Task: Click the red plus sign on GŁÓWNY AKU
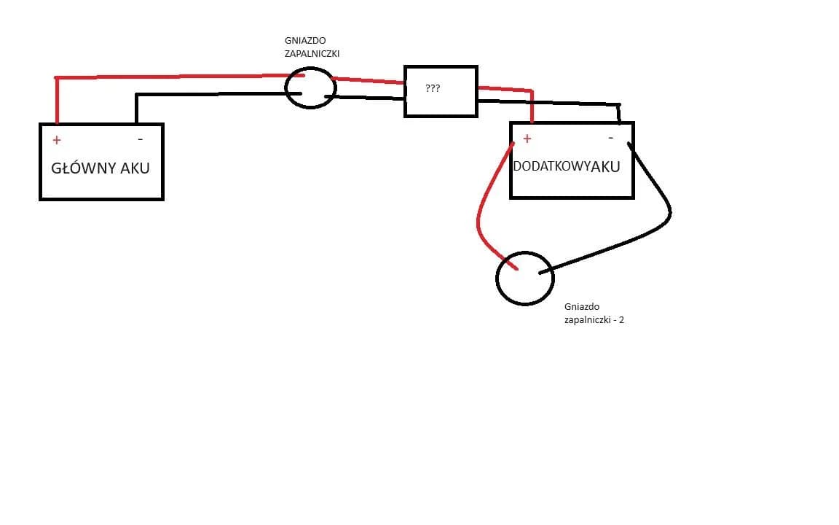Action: point(57,140)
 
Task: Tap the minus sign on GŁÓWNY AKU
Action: point(140,139)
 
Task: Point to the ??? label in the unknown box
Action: point(433,88)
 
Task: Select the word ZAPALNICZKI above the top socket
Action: point(312,53)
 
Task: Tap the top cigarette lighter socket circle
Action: point(310,87)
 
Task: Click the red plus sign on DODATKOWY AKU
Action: point(527,138)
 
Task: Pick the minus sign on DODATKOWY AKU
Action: point(610,137)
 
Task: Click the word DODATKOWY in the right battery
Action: point(551,166)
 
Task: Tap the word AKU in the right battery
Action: point(606,166)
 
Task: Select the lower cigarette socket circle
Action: point(524,278)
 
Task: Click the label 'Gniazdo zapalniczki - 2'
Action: point(594,314)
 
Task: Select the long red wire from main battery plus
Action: point(175,76)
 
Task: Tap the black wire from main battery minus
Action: point(211,94)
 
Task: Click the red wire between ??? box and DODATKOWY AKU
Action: point(510,90)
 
